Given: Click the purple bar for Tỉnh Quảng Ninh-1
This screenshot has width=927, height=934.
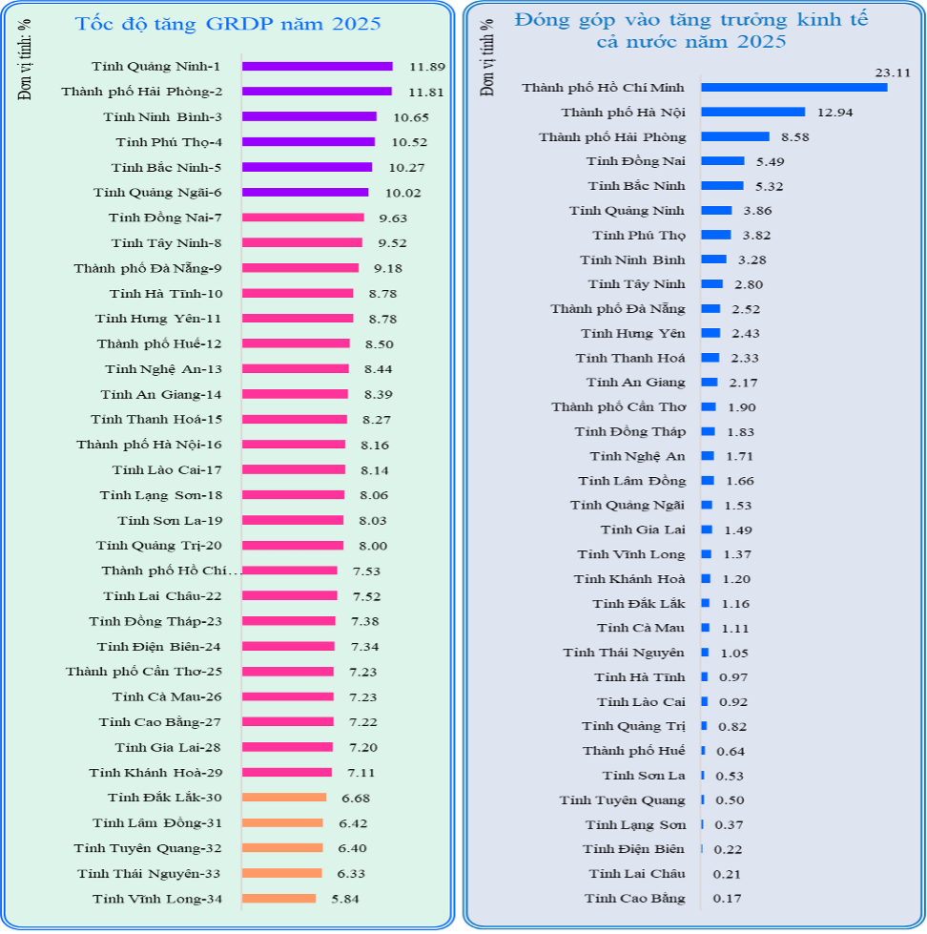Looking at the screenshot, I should coord(317,66).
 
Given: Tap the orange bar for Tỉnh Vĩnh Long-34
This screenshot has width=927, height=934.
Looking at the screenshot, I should coord(278,898).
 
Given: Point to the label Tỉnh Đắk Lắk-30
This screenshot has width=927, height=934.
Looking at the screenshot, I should coord(165,798).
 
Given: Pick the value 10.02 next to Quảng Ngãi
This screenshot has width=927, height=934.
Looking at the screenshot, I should coord(402,193).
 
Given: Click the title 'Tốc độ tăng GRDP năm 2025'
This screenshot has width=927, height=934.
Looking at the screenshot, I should coord(227,24).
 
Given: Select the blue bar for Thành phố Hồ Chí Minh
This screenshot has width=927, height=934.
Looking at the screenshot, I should coord(793,87).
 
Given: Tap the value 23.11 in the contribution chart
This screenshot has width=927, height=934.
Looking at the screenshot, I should coord(894,72).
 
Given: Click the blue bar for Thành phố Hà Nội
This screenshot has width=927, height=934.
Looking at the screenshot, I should coord(752,112).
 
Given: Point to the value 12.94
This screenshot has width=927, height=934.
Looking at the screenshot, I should coord(834,113).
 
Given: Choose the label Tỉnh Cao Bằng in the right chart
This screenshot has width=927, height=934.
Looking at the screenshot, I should coord(634,898).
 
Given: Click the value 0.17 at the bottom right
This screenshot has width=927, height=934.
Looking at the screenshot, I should coord(727,899).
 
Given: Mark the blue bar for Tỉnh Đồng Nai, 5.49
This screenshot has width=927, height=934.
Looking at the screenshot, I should coord(722,161).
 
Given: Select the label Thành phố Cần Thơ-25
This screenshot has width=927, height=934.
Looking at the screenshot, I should coord(144,672).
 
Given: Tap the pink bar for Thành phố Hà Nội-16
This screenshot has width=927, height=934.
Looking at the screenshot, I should coord(294,445).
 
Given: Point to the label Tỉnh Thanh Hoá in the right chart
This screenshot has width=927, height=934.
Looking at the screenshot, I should coord(629,358).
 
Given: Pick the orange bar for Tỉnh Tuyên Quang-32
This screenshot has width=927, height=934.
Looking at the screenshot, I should coord(282,848).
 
